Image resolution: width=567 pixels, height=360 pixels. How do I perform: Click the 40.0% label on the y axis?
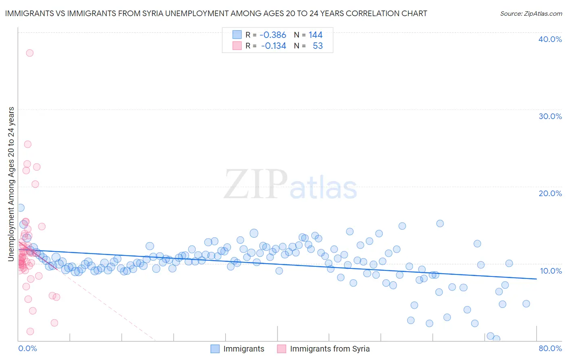point(550,39)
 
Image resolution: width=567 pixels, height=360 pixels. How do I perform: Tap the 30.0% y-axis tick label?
point(550,116)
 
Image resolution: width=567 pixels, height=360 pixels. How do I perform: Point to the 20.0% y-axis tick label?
point(550,193)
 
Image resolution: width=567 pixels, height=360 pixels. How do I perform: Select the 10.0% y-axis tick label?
point(550,271)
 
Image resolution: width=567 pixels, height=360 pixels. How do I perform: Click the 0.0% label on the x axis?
point(27,348)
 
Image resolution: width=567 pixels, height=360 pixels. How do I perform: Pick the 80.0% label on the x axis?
point(550,348)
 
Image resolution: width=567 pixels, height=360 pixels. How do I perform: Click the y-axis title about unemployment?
point(11,184)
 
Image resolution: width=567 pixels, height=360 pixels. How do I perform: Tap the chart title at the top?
point(216,13)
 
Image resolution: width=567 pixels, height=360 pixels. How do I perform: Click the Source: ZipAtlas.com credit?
point(531,13)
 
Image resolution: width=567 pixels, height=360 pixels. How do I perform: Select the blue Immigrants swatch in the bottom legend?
point(215,349)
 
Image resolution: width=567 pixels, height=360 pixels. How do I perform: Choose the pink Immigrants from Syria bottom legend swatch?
point(281,349)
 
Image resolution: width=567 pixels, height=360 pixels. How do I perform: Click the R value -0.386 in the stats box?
point(273,35)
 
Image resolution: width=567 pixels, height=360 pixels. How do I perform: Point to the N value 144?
point(315,35)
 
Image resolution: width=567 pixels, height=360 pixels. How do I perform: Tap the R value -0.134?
point(273,46)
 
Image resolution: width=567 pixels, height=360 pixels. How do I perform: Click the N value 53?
point(318,46)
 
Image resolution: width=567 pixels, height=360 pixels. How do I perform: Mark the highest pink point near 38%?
point(29,53)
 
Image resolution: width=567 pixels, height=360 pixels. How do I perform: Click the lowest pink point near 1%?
point(30,331)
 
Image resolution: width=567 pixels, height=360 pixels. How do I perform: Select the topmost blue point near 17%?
point(21,208)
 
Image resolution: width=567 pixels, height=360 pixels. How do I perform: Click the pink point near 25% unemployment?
point(27,144)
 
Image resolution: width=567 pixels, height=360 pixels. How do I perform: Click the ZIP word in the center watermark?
point(256,184)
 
